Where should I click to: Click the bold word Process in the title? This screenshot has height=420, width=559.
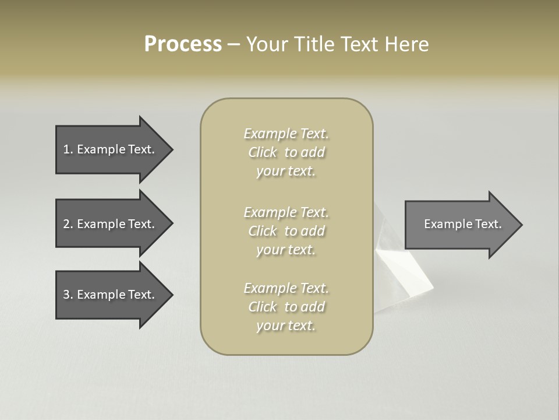tap(183, 44)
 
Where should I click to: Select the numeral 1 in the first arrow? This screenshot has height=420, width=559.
tap(66, 149)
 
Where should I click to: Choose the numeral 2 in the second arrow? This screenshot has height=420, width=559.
tap(66, 224)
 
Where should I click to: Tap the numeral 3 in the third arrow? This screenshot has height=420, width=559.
tap(66, 295)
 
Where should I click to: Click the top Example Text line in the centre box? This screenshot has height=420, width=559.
tap(286, 134)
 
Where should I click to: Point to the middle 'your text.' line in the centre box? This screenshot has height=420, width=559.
tap(286, 250)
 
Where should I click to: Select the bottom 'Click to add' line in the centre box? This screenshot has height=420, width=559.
tap(286, 307)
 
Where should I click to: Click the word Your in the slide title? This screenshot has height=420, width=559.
tap(266, 44)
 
